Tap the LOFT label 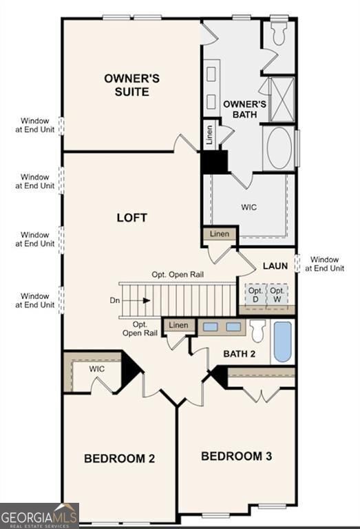click(131, 218)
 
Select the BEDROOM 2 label click(118, 458)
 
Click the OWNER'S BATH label click(240, 110)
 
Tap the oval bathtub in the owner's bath click(279, 147)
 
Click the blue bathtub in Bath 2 click(282, 342)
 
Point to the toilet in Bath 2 click(258, 332)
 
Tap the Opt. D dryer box click(255, 295)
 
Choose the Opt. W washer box click(277, 295)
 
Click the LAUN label click(275, 266)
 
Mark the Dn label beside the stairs click(114, 300)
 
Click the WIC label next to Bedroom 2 click(97, 369)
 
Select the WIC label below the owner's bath click(248, 207)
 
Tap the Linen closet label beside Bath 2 click(178, 325)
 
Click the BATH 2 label click(239, 354)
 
